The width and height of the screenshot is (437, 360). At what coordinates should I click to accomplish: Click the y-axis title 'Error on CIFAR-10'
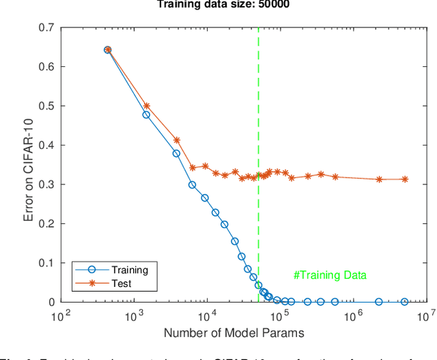(x=29, y=164)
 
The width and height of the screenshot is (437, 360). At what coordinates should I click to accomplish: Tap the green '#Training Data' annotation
(x=330, y=275)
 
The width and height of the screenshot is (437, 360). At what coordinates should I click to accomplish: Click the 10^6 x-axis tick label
(x=353, y=316)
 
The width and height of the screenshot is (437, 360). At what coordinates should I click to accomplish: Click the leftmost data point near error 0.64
(x=107, y=50)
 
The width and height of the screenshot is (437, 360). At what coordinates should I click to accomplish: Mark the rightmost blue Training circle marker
(x=404, y=302)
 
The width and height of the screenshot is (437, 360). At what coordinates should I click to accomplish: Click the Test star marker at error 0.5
(x=146, y=106)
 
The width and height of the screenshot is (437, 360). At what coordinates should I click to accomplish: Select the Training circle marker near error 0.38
(x=176, y=154)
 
